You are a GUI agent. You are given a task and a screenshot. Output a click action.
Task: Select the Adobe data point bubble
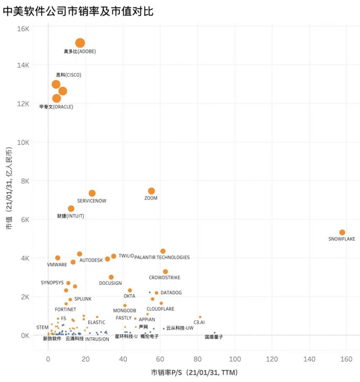point(80,42)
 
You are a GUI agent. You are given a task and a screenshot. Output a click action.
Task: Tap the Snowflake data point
point(342,232)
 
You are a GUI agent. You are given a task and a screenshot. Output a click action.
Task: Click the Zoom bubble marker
point(151,191)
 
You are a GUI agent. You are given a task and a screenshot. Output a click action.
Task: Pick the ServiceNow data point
point(92,193)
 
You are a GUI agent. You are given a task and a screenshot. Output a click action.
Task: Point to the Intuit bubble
point(71,208)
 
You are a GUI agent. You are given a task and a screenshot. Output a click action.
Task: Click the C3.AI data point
point(199,317)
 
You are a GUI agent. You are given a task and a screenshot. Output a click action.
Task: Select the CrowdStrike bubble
point(165,272)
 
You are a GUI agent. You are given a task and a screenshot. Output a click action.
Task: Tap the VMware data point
point(58,258)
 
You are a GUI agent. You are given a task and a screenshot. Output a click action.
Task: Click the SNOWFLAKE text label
point(341,239)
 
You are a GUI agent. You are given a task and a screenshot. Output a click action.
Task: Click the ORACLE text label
point(56,106)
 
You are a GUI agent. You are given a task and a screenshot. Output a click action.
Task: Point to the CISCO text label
point(68,75)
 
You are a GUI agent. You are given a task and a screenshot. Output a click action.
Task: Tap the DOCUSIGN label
point(111,283)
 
